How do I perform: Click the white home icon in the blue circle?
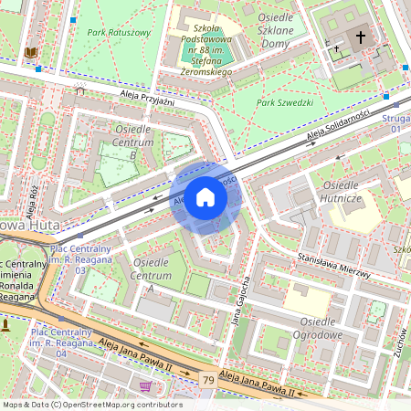pos(205,196)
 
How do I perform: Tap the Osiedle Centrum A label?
pos(152,269)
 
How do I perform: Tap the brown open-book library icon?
pos(33,53)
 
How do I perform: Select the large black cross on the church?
pos(361,37)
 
